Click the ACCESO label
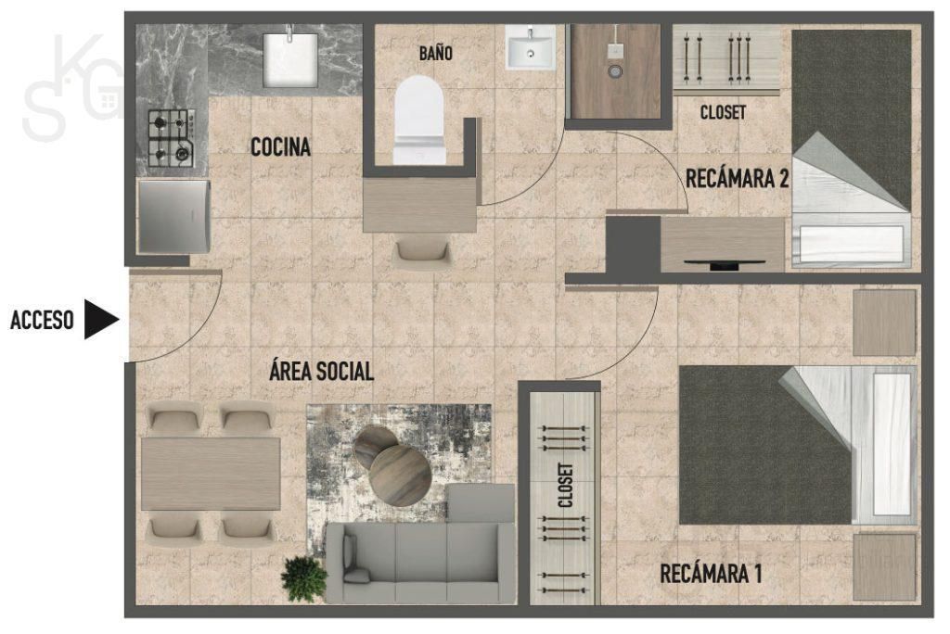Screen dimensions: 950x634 42,320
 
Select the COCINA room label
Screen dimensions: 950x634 280,146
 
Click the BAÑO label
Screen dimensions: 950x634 436,53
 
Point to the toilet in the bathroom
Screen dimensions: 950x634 419,120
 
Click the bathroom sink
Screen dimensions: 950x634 530,46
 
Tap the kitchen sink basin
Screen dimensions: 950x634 290,58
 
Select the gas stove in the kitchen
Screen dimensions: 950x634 172,138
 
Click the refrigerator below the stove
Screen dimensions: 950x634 173,216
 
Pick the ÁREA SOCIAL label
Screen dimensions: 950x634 321,371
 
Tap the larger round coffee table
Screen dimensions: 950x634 401,475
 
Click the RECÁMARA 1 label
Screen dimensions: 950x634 711,573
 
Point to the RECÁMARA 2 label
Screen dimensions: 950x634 737,178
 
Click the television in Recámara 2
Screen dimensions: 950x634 724,263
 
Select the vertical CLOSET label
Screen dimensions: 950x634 565,485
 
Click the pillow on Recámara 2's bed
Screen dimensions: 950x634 852,245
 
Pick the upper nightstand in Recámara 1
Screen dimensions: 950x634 884,323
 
